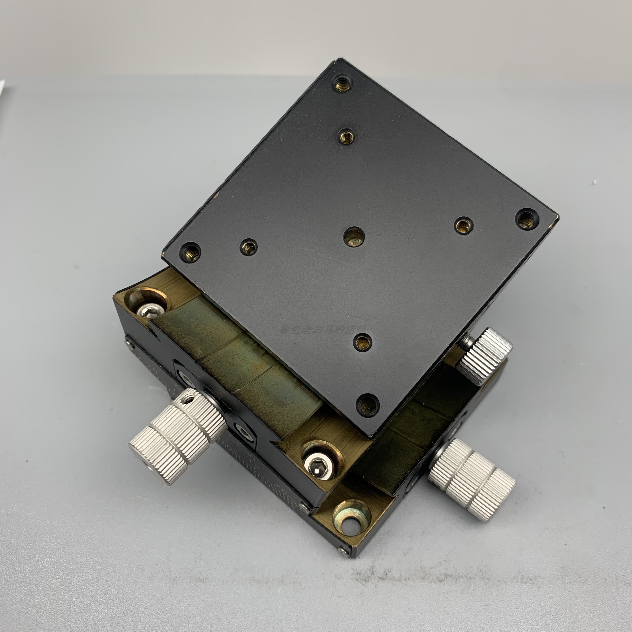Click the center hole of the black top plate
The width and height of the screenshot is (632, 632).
354,237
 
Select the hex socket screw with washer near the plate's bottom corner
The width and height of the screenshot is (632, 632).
319,464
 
